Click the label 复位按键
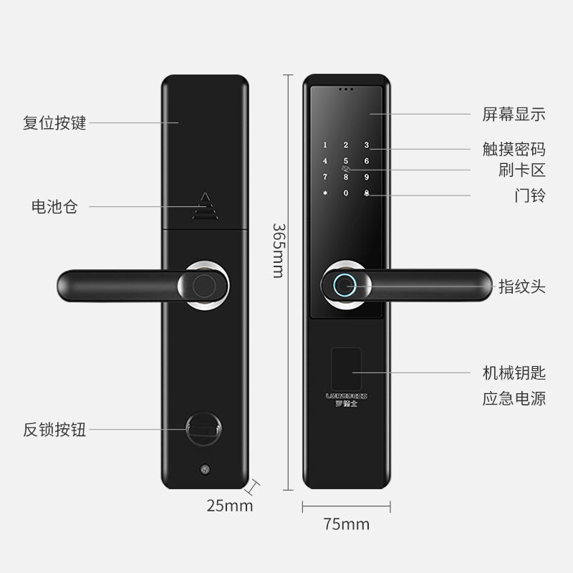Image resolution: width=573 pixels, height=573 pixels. pos(54,122)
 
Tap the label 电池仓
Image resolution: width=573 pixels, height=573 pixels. pos(54,207)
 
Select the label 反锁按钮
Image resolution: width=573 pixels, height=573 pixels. pos(54,430)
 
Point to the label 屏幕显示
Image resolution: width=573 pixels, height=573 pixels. pos(514,114)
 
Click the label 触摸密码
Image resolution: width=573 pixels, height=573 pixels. pos(514,149)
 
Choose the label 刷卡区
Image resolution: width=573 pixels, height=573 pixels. pos(522,170)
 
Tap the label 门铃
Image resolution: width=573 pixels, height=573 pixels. pos(530,195)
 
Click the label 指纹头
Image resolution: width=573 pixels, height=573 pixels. pos(522,287)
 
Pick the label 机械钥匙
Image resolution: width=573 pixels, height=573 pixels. pos(514,372)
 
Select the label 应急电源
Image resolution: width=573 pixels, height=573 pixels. pos(514,398)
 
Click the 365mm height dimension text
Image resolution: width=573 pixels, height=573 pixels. pos(277,250)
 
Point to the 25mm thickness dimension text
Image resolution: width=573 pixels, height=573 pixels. pos(230,506)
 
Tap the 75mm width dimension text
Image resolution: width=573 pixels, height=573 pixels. pos(347,524)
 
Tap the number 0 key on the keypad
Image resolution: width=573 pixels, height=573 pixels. pos(346,193)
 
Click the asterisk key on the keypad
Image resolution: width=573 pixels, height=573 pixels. pos(325,193)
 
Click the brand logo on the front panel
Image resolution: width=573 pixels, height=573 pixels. pos(347,395)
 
